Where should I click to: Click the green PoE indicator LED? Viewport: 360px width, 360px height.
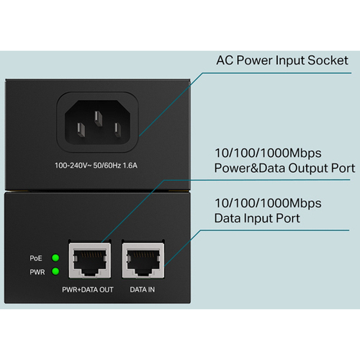[x=55, y=258]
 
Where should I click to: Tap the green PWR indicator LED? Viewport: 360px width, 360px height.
[x=55, y=271]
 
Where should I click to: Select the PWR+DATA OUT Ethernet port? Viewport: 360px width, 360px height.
[x=90, y=261]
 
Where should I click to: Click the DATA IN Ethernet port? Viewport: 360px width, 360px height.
[x=143, y=261]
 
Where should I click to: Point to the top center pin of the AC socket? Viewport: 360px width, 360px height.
[x=99, y=119]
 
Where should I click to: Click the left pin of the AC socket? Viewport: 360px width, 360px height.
[x=81, y=130]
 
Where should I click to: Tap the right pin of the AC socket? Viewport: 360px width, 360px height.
[x=117, y=130]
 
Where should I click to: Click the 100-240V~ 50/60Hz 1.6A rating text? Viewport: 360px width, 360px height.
[x=96, y=166]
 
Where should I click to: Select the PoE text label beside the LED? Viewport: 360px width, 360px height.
[x=36, y=258]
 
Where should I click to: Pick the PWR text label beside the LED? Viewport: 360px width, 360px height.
[x=37, y=272]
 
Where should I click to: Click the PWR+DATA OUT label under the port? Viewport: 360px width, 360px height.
[x=88, y=289]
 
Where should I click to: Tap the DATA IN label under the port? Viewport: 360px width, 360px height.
[x=143, y=289]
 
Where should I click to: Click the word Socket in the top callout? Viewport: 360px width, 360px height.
[x=328, y=60]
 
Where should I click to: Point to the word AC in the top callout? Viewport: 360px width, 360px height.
[x=225, y=60]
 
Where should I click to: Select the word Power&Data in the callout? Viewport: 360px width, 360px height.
[x=250, y=168]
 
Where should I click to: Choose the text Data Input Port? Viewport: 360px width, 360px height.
[x=257, y=218]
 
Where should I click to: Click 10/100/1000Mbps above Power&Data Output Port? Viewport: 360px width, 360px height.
[x=268, y=153]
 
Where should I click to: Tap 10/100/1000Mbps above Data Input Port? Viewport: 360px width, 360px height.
[x=268, y=204]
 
